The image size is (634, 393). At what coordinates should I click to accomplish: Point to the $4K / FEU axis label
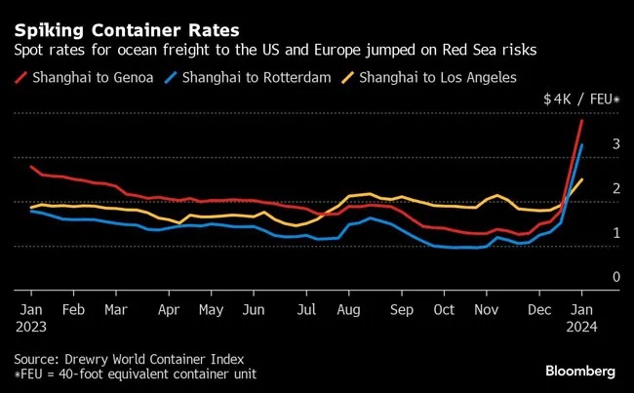coord(581,98)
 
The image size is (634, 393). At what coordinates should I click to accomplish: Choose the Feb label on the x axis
coord(74,310)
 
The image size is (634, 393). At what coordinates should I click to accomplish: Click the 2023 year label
coord(31,328)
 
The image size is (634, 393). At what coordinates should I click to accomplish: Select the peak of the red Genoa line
coord(582,120)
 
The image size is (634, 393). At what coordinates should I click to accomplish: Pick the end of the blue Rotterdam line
coord(582,145)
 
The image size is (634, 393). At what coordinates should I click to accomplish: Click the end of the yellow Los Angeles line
coord(582,179)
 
